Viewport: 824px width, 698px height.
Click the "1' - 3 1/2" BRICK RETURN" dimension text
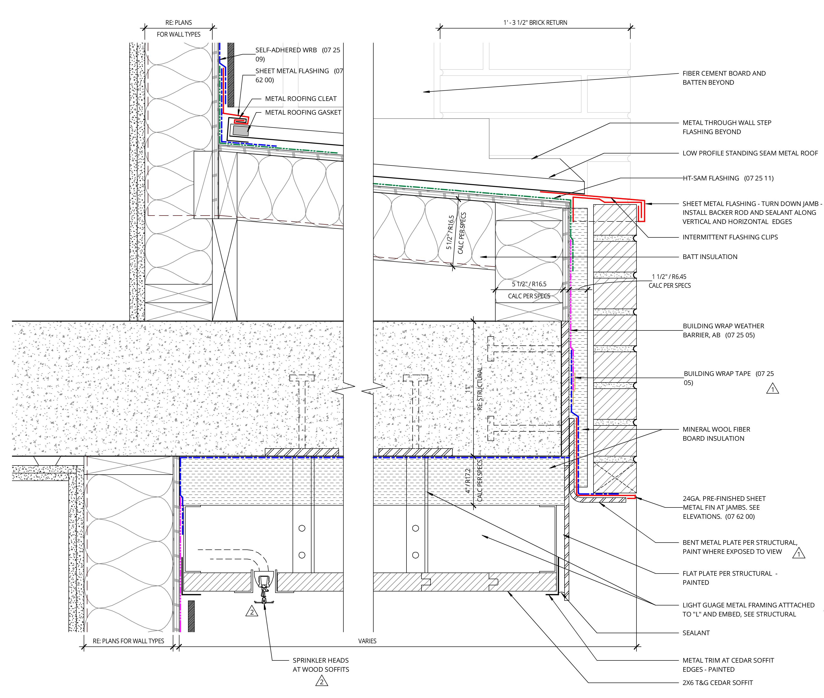coord(535,23)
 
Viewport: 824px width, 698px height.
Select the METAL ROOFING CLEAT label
coord(301,98)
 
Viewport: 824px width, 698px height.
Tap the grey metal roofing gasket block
coord(241,131)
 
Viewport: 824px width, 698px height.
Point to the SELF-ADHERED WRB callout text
coord(297,54)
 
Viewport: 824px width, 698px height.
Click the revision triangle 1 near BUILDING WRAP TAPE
coord(772,389)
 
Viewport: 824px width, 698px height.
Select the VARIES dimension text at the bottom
coord(367,641)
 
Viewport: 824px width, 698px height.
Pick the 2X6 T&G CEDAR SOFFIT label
coord(717,683)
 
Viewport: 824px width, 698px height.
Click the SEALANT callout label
coord(696,633)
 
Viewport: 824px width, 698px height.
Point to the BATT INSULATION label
coord(710,257)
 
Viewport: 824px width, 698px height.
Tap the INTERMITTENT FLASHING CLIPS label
coord(730,237)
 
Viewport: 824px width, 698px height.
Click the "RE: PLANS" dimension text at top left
coord(178,23)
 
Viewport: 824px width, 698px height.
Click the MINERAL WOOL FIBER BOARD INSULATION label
coord(716,434)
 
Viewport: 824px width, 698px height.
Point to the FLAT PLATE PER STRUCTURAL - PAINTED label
coord(730,578)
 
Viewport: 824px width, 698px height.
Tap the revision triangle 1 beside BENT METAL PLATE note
coord(798,554)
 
